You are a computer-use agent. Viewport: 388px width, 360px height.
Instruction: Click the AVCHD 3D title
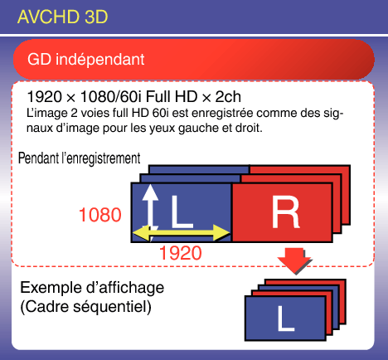pyautogui.click(x=62, y=17)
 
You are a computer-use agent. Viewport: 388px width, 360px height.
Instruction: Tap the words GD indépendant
pyautogui.click(x=86, y=59)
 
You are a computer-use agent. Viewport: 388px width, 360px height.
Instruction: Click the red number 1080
pyautogui.click(x=100, y=215)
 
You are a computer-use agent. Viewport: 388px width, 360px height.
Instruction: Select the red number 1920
pyautogui.click(x=181, y=253)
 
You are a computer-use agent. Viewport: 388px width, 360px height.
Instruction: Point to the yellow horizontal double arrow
pyautogui.click(x=182, y=233)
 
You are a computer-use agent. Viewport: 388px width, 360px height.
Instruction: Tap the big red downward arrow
pyautogui.click(x=293, y=260)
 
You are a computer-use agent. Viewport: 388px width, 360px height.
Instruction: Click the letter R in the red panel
pyautogui.click(x=285, y=212)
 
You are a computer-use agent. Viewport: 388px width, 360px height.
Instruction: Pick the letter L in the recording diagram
pyautogui.click(x=182, y=212)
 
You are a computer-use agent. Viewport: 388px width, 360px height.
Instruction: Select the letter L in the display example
pyautogui.click(x=286, y=319)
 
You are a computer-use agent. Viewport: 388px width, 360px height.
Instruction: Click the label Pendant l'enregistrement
pyautogui.click(x=80, y=158)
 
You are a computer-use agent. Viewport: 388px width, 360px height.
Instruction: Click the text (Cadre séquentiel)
pyautogui.click(x=86, y=307)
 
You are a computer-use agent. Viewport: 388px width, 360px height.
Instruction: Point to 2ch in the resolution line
pyautogui.click(x=228, y=97)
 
